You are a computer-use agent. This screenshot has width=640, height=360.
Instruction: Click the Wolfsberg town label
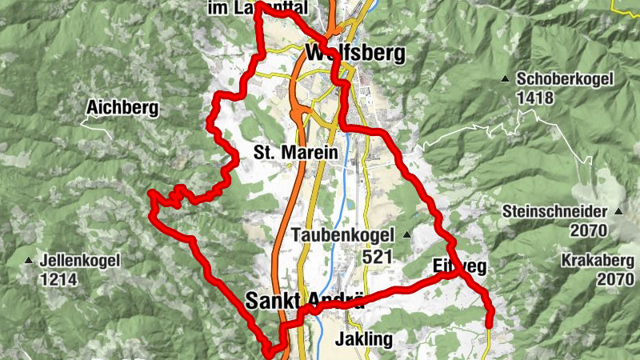point(355,54)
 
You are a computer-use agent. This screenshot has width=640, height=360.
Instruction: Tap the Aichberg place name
point(123,106)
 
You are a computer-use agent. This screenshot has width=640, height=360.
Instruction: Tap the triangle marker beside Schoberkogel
point(505,79)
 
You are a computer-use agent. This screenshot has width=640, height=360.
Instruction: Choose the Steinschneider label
point(557,212)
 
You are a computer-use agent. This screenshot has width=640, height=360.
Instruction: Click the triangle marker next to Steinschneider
point(618,212)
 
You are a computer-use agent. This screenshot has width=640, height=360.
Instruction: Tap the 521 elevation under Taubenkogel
point(378,256)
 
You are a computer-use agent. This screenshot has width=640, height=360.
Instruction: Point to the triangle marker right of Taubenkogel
point(406,235)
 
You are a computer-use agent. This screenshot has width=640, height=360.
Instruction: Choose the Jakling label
point(364,338)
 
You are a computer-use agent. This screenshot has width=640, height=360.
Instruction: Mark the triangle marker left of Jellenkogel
point(30,261)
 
